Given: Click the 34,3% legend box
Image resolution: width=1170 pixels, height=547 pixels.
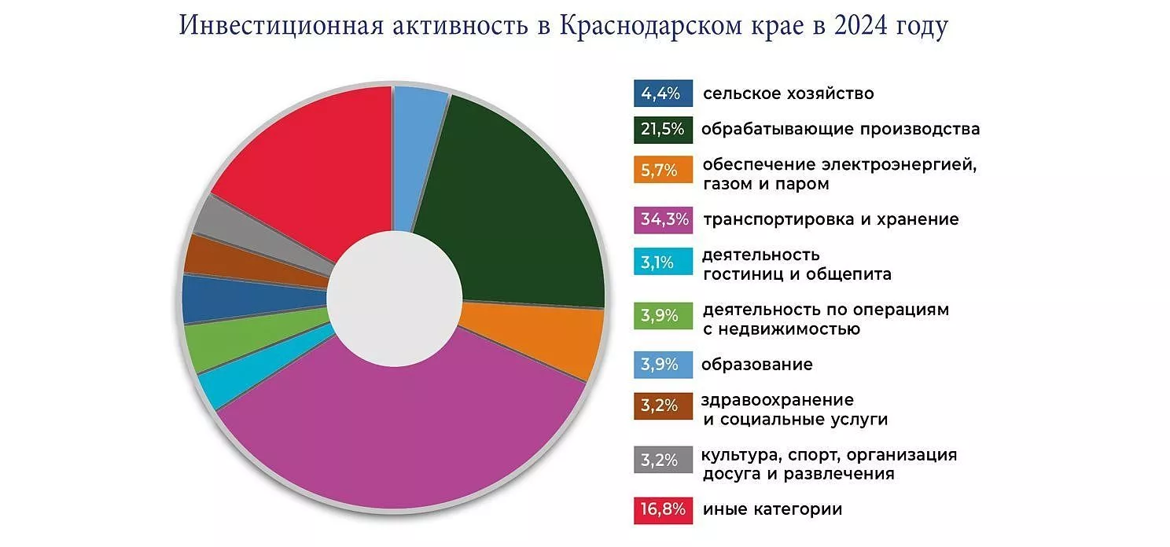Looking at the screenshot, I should [663, 219].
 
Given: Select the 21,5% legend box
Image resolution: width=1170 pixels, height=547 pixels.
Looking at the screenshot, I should [663, 130].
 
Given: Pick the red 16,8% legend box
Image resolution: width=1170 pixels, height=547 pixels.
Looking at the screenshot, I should [663, 509].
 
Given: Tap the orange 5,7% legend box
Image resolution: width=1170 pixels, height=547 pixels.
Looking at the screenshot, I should [663, 171].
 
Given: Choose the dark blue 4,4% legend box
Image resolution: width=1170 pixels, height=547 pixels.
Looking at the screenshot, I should [663, 94].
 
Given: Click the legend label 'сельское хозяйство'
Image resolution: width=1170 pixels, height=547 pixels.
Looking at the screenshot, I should [789, 94].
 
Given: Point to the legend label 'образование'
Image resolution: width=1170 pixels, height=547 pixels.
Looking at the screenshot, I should [758, 365].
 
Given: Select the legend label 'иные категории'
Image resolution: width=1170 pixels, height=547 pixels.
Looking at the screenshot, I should [772, 509].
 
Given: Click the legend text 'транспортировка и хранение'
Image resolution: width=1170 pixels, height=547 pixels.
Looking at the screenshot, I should [831, 219].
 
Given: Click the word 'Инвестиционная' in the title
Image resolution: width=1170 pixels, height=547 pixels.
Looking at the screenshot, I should [281, 26].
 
